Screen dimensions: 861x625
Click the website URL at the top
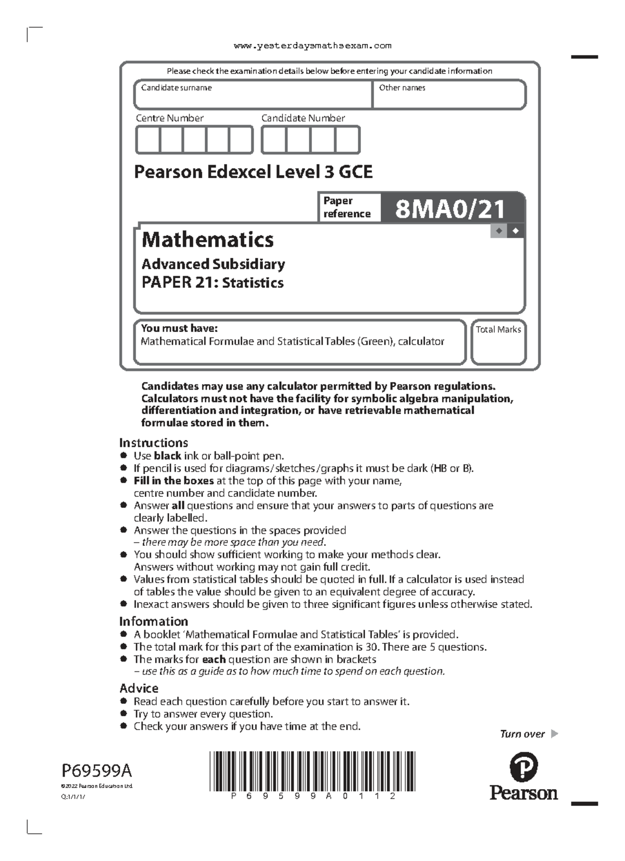pyautogui.click(x=312, y=46)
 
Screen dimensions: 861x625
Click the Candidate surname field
pyautogui.click(x=253, y=95)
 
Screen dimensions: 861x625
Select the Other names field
pyautogui.click(x=449, y=95)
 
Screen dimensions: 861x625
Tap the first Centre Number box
pyautogui.click(x=148, y=140)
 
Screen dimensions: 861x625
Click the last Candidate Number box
pyautogui.click(x=347, y=140)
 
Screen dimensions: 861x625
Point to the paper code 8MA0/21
pyautogui.click(x=451, y=209)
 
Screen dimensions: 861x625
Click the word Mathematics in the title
pyautogui.click(x=208, y=240)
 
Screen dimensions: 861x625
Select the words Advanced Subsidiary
pyautogui.click(x=214, y=264)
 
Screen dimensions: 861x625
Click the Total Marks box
pyautogui.click(x=498, y=343)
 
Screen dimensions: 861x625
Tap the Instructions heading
pyautogui.click(x=154, y=443)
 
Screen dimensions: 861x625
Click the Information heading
pyautogui.click(x=154, y=621)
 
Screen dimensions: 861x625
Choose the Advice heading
pyautogui.click(x=139, y=688)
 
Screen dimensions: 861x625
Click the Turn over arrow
pyautogui.click(x=554, y=734)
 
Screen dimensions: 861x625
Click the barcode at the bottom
pyautogui.click(x=312, y=772)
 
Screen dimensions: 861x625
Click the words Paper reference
pyautogui.click(x=346, y=207)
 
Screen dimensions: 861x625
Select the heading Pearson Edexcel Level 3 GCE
pyautogui.click(x=253, y=172)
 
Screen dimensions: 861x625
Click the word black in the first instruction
pyautogui.click(x=167, y=456)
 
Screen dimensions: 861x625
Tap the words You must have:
pyautogui.click(x=179, y=328)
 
